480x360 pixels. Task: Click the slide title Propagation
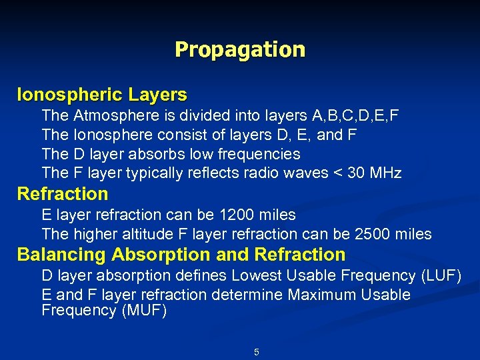click(x=240, y=50)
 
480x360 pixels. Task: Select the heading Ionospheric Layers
click(x=102, y=95)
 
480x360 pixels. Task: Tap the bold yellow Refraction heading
click(x=63, y=194)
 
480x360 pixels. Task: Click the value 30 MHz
click(x=377, y=173)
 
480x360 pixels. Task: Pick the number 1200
click(x=237, y=215)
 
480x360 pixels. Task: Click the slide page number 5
click(x=257, y=352)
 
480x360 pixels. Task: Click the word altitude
click(x=149, y=234)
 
